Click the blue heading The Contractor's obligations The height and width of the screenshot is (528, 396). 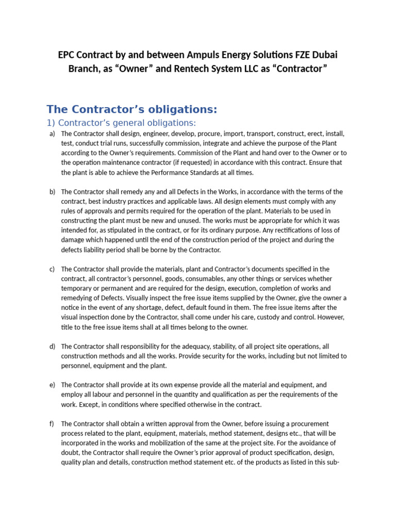(131, 109)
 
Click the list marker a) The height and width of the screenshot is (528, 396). (52, 134)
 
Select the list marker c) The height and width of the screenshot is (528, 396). (52, 269)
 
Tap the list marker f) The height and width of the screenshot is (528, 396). (52, 424)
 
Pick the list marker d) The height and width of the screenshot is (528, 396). (52, 346)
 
